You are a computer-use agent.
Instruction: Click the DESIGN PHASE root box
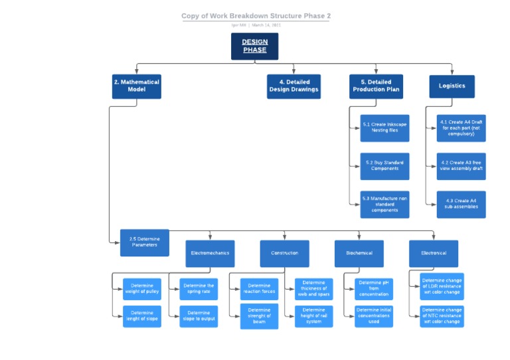click(x=254, y=46)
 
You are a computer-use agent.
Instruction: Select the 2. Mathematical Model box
click(x=136, y=86)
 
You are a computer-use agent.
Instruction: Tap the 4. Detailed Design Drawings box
click(x=294, y=86)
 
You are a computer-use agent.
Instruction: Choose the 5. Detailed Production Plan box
click(x=376, y=86)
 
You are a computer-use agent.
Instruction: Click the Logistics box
click(x=452, y=86)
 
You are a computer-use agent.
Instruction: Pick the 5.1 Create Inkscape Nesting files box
click(x=384, y=128)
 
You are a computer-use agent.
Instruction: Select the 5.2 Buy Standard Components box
click(x=384, y=166)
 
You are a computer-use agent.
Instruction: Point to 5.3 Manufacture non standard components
click(x=384, y=205)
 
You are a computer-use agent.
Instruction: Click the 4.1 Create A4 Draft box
click(x=461, y=128)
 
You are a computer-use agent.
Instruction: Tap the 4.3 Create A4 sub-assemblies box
click(x=461, y=205)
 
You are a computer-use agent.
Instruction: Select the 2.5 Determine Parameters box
click(x=145, y=242)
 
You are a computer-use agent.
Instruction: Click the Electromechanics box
click(x=210, y=253)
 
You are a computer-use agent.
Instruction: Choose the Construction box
click(x=284, y=253)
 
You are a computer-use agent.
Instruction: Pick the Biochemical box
click(x=359, y=253)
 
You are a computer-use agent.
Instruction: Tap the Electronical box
click(x=434, y=253)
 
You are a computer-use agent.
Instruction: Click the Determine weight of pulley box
click(x=142, y=289)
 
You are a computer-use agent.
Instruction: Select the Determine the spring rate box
click(x=199, y=289)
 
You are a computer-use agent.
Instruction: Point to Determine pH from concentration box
click(x=374, y=289)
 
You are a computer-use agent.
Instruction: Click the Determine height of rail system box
click(x=313, y=316)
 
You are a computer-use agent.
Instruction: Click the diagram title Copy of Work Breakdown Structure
click(x=256, y=16)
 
